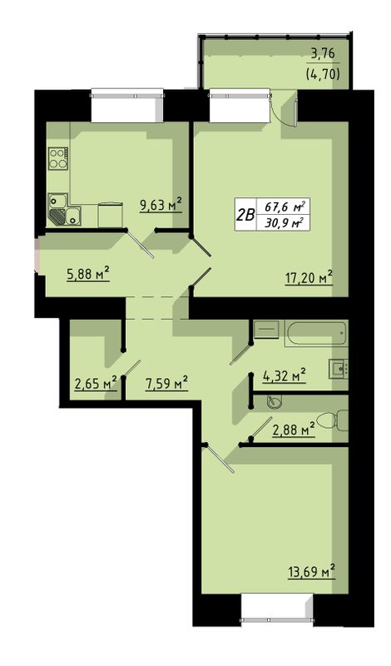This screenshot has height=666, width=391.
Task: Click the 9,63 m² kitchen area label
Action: click(x=161, y=205)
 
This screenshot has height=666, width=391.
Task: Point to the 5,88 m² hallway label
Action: click(x=88, y=273)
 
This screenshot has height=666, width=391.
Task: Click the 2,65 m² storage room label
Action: click(x=96, y=383)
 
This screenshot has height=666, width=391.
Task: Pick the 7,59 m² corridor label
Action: click(x=167, y=383)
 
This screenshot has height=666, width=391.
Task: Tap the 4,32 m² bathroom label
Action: click(x=285, y=375)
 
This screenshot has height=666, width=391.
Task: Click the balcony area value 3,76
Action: click(x=323, y=54)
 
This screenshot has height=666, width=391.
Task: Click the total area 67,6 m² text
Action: click(x=285, y=207)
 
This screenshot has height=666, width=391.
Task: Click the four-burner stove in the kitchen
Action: click(x=58, y=158)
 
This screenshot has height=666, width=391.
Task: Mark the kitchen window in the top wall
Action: click(x=127, y=105)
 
